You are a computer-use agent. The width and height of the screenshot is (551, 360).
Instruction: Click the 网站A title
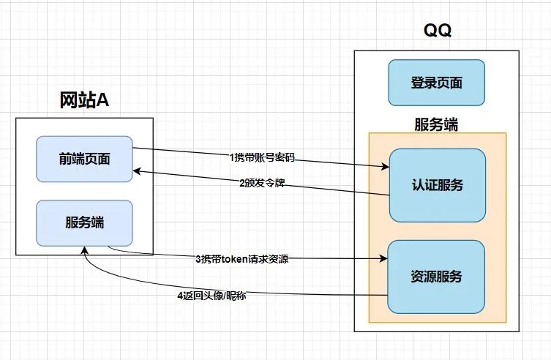[84, 100]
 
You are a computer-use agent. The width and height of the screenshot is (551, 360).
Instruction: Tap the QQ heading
[437, 30]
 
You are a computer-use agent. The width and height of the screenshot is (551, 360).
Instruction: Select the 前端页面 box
[84, 159]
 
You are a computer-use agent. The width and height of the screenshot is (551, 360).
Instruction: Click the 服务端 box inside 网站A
[84, 223]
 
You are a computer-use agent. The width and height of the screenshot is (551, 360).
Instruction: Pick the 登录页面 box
[436, 83]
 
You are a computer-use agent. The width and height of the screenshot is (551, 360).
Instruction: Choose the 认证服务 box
[438, 185]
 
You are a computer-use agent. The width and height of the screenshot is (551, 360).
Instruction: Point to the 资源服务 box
[436, 277]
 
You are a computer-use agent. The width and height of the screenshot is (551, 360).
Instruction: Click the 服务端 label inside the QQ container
[436, 124]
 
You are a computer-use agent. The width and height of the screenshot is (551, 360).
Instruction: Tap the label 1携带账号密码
[262, 157]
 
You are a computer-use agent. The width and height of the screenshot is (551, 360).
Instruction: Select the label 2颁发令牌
[262, 183]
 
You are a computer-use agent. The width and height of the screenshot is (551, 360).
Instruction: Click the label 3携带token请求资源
[242, 259]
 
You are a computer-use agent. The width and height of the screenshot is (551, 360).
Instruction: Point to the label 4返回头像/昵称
[211, 296]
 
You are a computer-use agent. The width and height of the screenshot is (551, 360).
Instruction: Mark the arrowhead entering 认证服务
[386, 167]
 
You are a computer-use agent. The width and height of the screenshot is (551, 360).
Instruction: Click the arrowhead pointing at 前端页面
[137, 171]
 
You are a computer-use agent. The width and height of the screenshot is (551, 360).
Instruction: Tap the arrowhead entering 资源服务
[383, 259]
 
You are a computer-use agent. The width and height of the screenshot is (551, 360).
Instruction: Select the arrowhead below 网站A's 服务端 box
[84, 250]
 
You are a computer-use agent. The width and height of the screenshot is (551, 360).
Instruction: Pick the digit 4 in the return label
[180, 296]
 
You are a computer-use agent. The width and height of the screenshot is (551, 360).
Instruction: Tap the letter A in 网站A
[102, 100]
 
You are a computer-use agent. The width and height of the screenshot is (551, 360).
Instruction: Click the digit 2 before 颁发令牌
[242, 184]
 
